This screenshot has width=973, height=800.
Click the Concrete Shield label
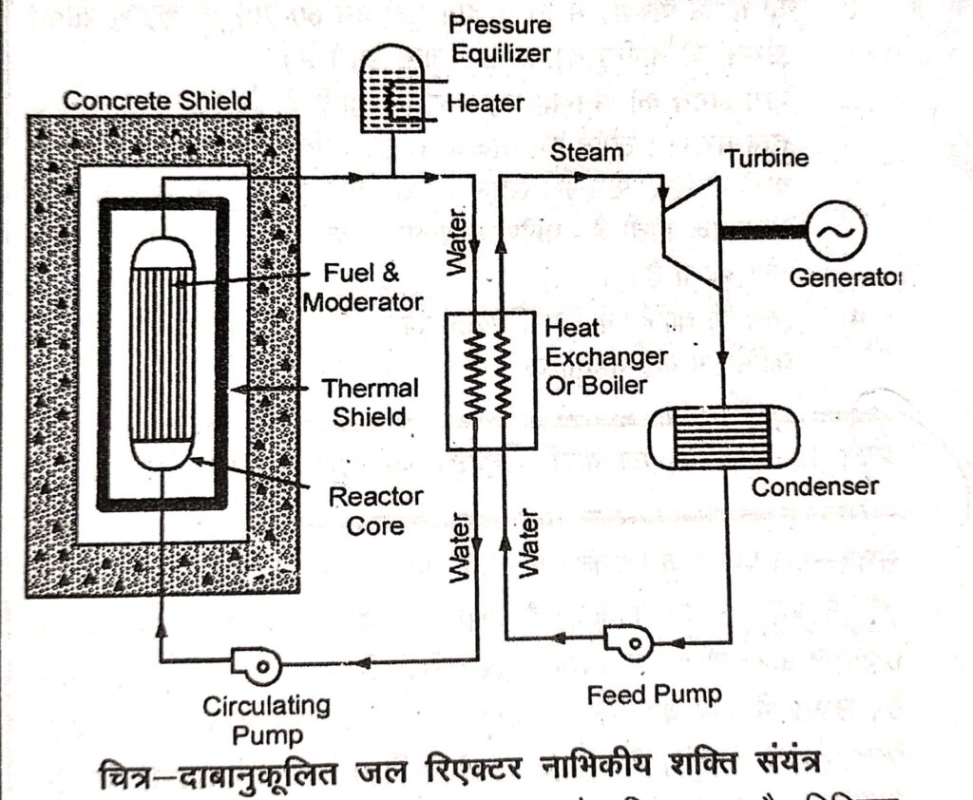point(157,99)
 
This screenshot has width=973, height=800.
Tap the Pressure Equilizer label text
point(500,39)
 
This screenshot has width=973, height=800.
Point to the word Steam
point(587,152)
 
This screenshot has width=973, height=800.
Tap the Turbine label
point(768,158)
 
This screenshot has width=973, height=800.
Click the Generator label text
point(844,278)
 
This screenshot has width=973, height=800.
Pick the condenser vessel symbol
point(722,435)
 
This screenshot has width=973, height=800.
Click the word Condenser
point(814,486)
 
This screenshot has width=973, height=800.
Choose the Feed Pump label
point(653,695)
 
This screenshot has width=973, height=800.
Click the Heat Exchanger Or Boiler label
point(605,356)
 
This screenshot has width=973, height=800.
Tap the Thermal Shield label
point(369,402)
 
